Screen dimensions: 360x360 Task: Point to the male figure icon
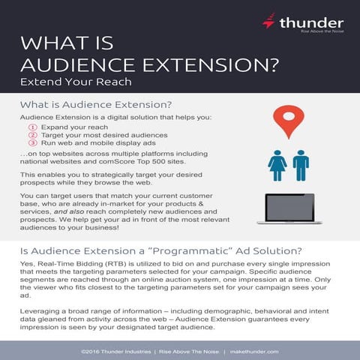[x=301, y=165]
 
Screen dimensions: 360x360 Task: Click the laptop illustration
[x=289, y=208]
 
